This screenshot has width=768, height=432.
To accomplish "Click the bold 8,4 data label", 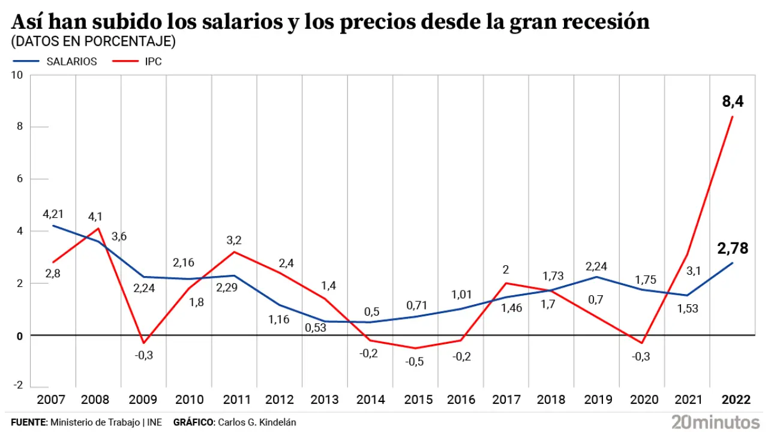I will coord(733,102).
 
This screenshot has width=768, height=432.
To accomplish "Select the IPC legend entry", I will coord(153,61).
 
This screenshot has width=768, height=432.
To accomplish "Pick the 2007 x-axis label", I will coord(51,400).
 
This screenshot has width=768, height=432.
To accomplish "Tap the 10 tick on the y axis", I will coord(17,75).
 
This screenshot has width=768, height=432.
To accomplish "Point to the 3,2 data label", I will coord(234,240).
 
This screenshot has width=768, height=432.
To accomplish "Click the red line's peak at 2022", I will coord(733,116).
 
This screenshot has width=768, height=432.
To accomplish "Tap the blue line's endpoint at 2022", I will coord(733,263).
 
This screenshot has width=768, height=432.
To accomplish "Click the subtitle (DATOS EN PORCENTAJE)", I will coord(93,41).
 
